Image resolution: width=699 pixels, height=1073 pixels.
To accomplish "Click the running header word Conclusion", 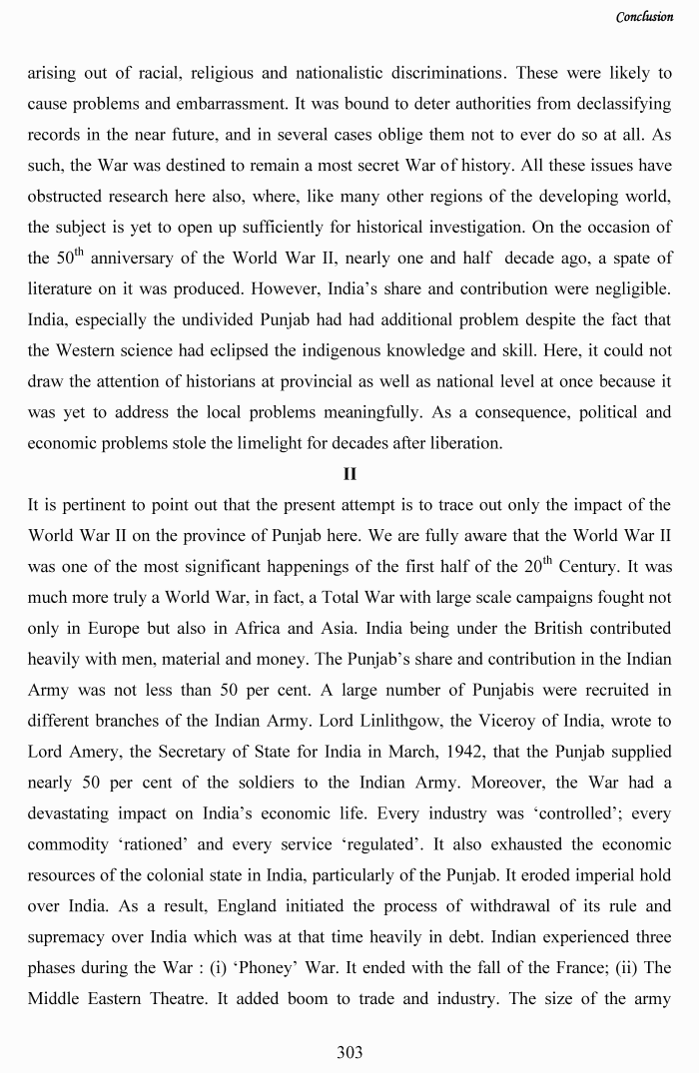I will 644,17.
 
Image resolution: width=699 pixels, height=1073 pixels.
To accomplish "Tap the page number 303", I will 349,1052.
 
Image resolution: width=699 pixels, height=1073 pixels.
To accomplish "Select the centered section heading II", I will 349,474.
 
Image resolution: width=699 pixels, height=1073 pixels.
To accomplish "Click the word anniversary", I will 139,258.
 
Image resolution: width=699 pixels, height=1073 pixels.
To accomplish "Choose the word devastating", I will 72,814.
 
